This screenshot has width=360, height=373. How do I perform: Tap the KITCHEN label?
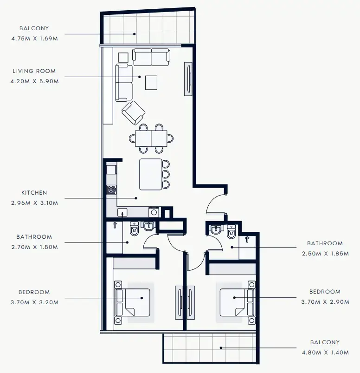coord(34,192)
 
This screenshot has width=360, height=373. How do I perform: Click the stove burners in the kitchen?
coord(111,190)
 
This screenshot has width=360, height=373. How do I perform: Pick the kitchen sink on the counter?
coord(122,212)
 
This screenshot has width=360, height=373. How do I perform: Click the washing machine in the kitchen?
coord(154,212)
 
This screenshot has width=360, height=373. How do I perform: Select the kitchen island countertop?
coord(151,174)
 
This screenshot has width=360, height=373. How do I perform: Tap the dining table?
coord(151,138)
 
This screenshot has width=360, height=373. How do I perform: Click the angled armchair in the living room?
coord(134,112)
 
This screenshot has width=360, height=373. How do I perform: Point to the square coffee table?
coord(151,82)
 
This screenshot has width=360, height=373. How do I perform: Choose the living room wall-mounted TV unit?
coord(189,79)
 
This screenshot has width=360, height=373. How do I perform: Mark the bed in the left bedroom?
coord(134,302)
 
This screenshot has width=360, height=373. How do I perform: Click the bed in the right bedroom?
coord(237,302)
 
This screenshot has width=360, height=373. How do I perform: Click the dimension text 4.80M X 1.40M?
coord(325,353)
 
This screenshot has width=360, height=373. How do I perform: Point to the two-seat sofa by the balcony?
coord(151,57)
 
